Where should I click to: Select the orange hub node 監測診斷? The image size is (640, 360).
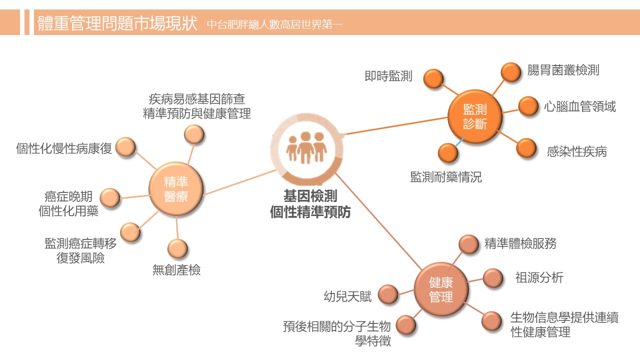pos(474,116)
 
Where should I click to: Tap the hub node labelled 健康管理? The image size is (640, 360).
pos(441,290)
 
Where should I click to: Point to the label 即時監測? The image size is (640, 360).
pos(388,76)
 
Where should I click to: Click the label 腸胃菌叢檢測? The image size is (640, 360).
pos(563,70)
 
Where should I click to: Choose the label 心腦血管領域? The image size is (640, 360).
pos(580,106)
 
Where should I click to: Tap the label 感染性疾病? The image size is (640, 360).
pos(576,151)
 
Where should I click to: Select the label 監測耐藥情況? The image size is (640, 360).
pos(446,177)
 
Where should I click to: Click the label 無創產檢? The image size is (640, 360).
pos(176,270)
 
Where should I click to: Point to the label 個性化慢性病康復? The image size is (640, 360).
pos(64,148)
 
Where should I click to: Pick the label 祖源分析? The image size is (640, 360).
pos(539,277)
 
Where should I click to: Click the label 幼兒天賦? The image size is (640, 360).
pos(348,296)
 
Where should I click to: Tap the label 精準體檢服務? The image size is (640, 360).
pos(520,243)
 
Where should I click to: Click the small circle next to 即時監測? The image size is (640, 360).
pos(433,78)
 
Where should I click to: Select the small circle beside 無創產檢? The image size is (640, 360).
pos(177,248)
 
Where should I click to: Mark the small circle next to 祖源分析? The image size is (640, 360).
pos(493,278)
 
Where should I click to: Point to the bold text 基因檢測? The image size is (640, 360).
pos(310,195)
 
